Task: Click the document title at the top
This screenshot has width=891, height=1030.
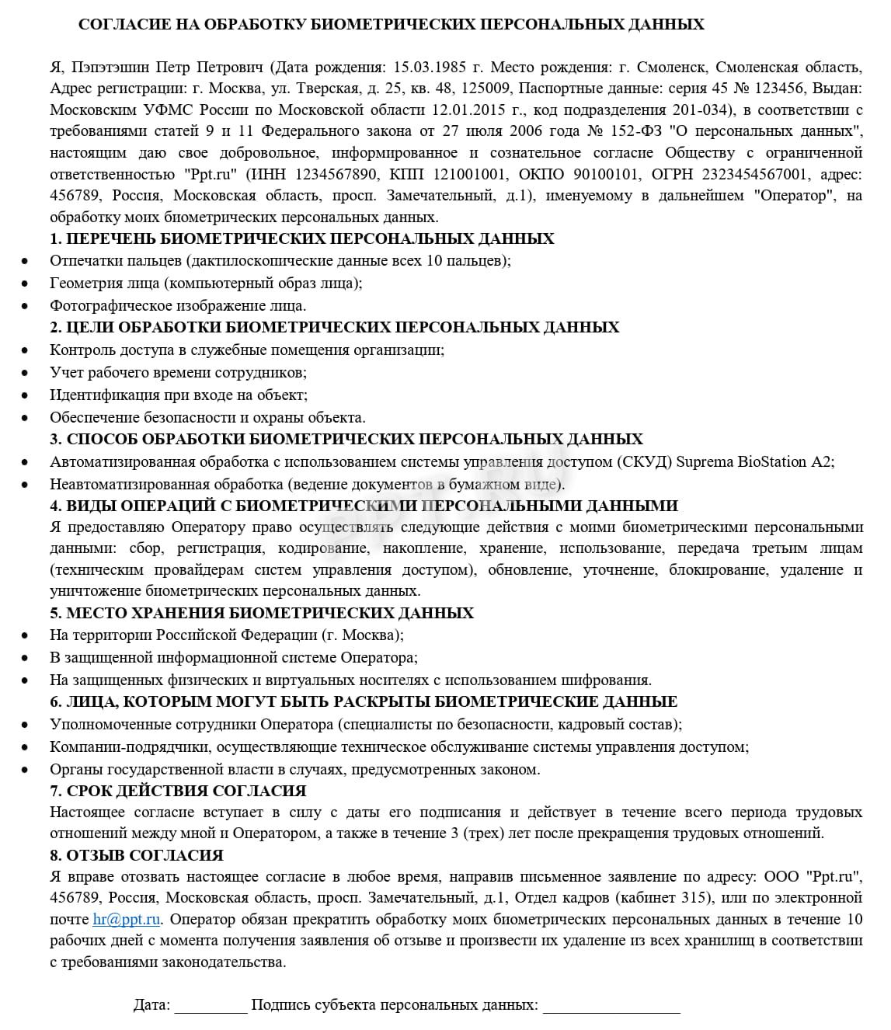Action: coord(391,25)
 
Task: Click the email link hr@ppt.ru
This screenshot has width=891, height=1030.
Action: coord(127,920)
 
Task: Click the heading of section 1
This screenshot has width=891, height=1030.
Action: coord(302,238)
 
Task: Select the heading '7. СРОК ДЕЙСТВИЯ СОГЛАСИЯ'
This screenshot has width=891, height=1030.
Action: coord(178,791)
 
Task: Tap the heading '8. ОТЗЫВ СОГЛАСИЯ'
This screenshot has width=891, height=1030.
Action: coord(136,855)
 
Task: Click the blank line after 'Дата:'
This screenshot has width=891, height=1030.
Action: coord(211,1005)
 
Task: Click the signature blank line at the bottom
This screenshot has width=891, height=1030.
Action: coord(611,1005)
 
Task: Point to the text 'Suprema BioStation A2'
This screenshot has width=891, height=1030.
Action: coord(753,462)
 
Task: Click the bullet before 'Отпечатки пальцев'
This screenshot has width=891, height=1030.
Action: coord(26,261)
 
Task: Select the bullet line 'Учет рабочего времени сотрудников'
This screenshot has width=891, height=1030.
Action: coord(178,373)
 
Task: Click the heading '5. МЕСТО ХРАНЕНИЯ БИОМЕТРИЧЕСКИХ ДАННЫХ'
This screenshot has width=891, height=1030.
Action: coord(262,613)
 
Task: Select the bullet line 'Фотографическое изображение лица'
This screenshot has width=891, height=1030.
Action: coord(178,306)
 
